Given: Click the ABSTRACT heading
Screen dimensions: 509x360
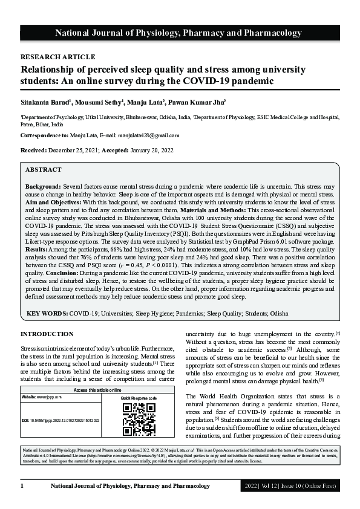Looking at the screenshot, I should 44,170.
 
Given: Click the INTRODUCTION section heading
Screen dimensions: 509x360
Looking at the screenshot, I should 47,334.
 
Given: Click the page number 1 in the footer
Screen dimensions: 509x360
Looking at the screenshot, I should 22,485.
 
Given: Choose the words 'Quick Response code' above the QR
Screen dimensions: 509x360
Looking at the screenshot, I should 139,399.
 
